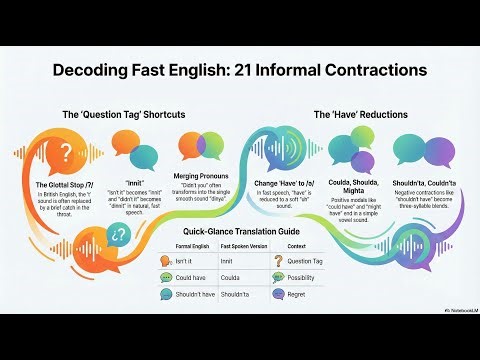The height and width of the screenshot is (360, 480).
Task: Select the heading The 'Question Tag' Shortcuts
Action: (x=123, y=115)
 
